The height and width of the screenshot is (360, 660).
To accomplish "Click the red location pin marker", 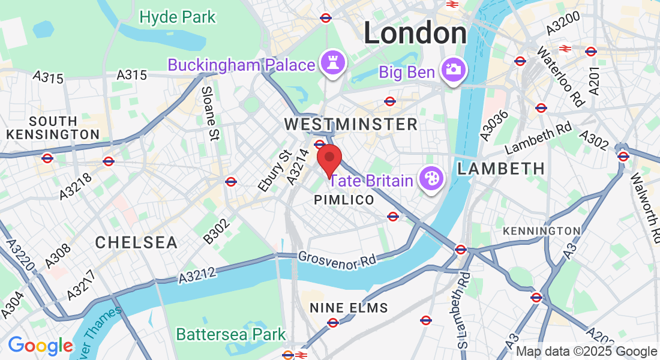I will (329, 160).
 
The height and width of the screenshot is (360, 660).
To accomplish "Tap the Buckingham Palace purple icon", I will (331, 63).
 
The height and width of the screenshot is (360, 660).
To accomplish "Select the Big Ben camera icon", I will (454, 70).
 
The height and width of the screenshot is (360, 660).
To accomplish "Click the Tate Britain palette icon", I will (431, 178).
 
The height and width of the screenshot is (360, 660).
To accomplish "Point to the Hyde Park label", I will (177, 17).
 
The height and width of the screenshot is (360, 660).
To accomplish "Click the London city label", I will (415, 33).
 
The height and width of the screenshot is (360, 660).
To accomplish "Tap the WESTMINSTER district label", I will (350, 125).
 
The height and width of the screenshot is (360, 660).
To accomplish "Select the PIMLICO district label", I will (344, 200).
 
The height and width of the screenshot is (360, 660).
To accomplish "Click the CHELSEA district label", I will (136, 242).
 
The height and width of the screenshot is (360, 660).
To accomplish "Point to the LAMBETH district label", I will (501, 169).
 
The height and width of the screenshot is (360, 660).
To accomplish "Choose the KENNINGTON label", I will (541, 231).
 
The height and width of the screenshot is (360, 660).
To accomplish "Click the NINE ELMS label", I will (349, 308).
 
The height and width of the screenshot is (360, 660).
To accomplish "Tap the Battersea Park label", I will (231, 334).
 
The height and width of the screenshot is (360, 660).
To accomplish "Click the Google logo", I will (40, 346).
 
